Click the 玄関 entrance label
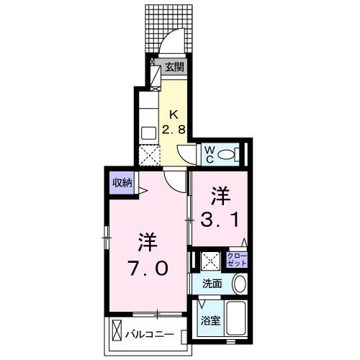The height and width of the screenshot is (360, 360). tap(174, 68)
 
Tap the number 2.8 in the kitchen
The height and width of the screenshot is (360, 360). tap(175, 130)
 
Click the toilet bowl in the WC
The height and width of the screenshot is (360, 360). tap(228, 153)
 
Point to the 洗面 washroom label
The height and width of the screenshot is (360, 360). tap(211, 284)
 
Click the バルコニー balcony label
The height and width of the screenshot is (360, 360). tap(150, 335)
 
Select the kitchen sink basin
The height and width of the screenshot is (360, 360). tap(148, 132)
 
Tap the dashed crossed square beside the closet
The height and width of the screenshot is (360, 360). tap(211, 260)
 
